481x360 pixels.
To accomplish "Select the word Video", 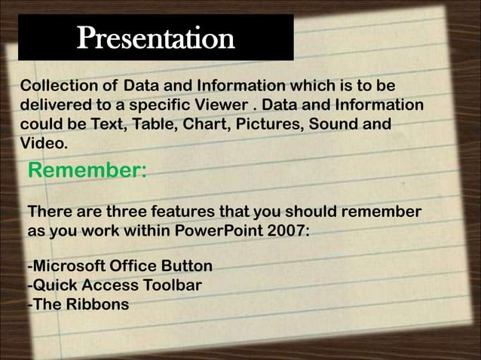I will click(x=45, y=142).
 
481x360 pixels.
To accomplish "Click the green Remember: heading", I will click(x=87, y=172).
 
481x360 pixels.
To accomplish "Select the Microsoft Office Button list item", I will click(x=119, y=267).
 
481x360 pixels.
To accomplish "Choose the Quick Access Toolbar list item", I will click(x=115, y=286).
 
